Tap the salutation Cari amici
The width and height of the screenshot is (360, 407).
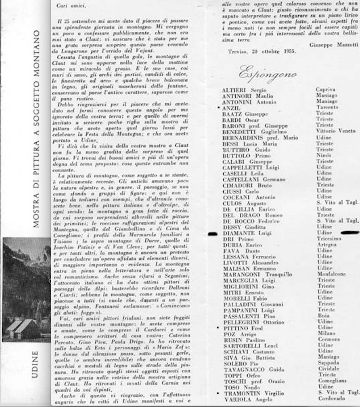point(71,7)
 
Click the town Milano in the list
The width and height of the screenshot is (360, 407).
point(325,345)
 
